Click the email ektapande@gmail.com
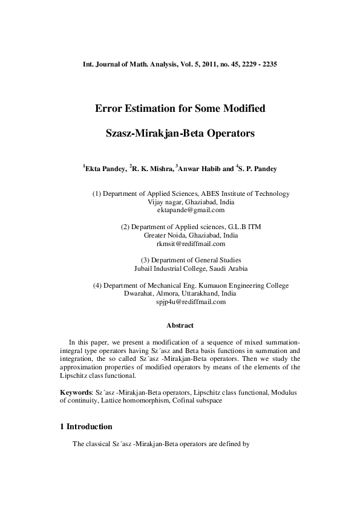pyautogui.click(x=191, y=210)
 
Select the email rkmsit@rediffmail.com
pyautogui.click(x=191, y=244)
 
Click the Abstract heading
pyautogui.click(x=180, y=325)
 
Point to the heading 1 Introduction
pyautogui.click(x=87, y=427)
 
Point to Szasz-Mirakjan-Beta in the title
pyautogui.click(x=157, y=131)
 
